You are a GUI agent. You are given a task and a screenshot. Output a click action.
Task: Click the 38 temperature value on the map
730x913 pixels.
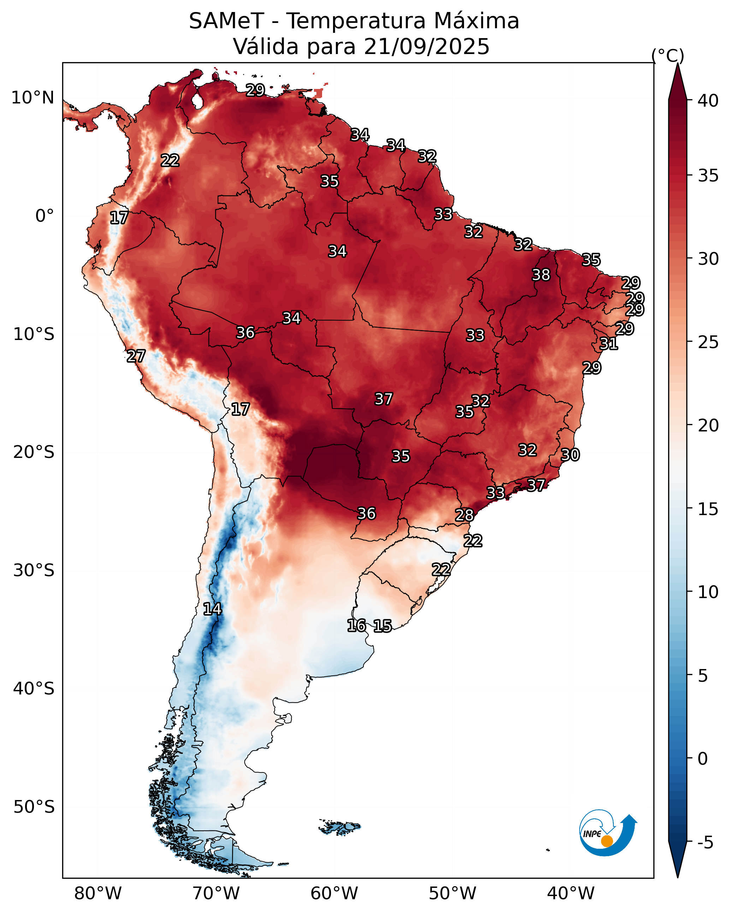pyautogui.click(x=541, y=275)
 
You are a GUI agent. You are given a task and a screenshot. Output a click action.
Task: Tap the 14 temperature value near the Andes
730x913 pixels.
pyautogui.click(x=212, y=609)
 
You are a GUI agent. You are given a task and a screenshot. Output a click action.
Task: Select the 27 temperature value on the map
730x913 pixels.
pyautogui.click(x=136, y=356)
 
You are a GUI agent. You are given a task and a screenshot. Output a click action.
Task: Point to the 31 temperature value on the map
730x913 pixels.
pyautogui.click(x=609, y=344)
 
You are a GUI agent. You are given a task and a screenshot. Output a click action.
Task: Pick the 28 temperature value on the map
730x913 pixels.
pyautogui.click(x=464, y=515)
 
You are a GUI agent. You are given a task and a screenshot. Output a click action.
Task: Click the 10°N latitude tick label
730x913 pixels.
pyautogui.click(x=32, y=98)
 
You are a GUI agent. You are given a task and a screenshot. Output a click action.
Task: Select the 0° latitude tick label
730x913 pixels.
pyautogui.click(x=44, y=216)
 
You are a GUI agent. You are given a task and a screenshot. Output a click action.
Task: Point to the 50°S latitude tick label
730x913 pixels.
pyautogui.click(x=34, y=807)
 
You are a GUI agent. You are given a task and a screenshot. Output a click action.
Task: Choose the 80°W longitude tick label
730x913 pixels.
pyautogui.click(x=98, y=893)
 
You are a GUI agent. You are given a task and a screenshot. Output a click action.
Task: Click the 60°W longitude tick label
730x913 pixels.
pyautogui.click(x=334, y=893)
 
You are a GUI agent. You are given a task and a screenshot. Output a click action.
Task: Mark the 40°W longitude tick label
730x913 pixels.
pyautogui.click(x=571, y=893)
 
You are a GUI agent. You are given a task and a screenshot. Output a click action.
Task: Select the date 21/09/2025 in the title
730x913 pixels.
pyautogui.click(x=426, y=47)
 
